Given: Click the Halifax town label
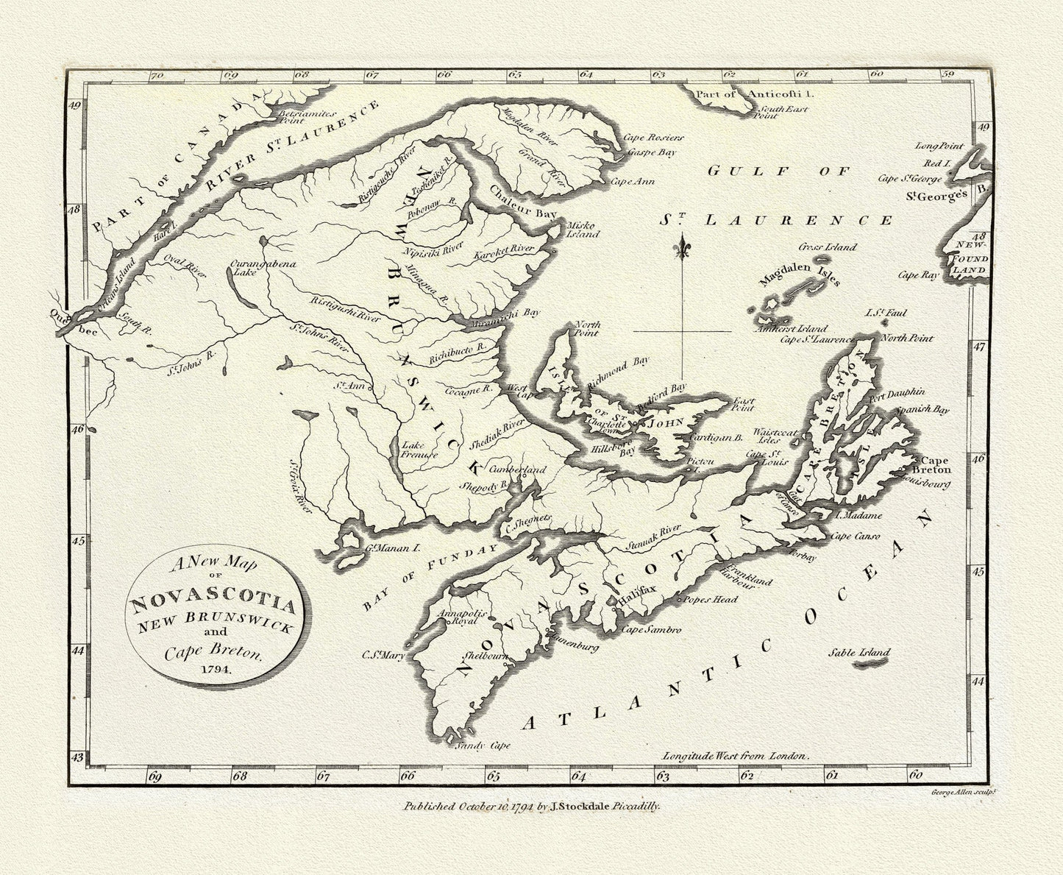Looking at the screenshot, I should (x=635, y=601).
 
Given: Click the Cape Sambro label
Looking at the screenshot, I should (x=652, y=630).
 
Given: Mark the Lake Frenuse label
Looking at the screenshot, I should (x=419, y=450).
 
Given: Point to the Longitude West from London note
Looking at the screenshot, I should (x=735, y=755).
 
